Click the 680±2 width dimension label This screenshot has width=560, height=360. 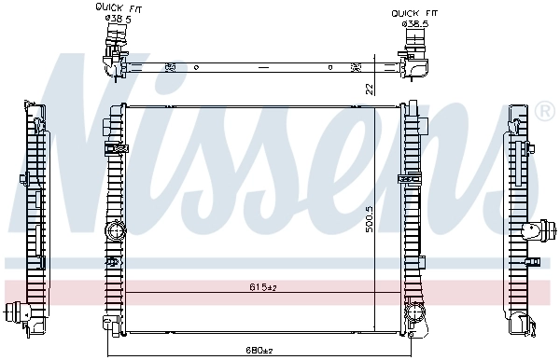tap(259, 351)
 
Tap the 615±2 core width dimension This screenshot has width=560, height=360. tap(263, 287)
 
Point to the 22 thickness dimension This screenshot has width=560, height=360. tap(370, 89)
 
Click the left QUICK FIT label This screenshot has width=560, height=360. tap(114, 7)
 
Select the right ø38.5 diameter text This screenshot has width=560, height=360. tap(414, 23)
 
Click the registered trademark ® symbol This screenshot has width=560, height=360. tap(546, 113)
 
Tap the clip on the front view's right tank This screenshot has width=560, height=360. tap(407, 177)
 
